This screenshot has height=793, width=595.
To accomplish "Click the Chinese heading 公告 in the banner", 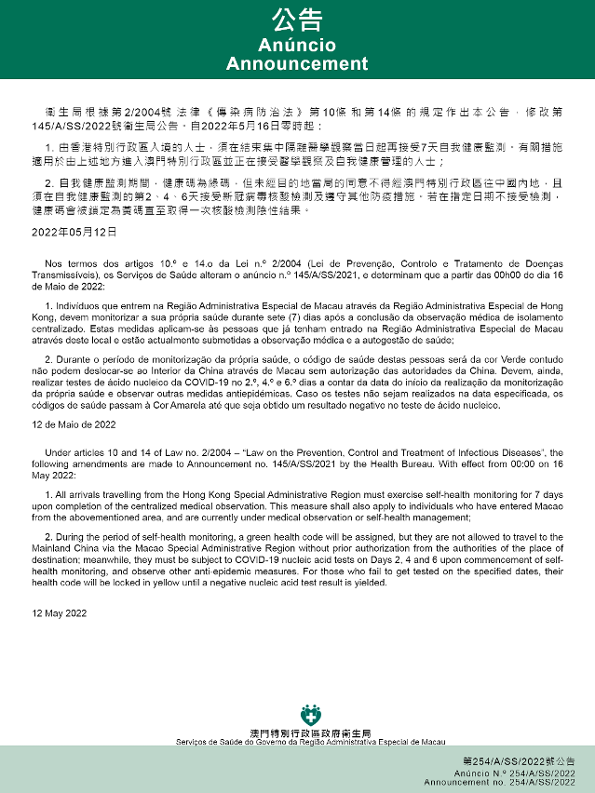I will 297,21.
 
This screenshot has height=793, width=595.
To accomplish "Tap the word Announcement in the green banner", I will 297,64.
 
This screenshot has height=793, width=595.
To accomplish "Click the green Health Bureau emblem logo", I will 310,717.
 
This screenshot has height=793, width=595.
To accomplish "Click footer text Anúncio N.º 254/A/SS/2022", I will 521,773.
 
